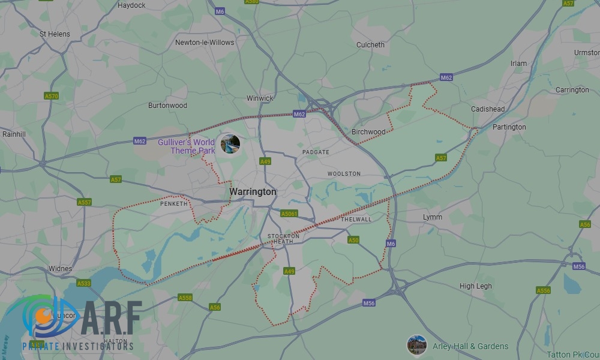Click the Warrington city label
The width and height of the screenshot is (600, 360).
point(253,192)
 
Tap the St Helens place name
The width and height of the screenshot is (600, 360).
point(55,34)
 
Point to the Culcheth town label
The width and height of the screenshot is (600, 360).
point(370,45)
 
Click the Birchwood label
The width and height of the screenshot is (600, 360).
point(368,132)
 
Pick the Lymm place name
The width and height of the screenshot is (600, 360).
point(432,217)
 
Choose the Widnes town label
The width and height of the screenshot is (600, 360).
point(60,269)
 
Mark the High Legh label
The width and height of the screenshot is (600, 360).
point(475,286)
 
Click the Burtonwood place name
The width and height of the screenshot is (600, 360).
point(167,106)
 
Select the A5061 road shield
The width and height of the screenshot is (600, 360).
point(289,214)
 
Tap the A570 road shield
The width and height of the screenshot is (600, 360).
point(52,96)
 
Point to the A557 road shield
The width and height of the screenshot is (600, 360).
point(85,202)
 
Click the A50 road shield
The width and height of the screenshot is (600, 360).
point(353,240)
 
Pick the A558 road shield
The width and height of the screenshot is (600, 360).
point(185,298)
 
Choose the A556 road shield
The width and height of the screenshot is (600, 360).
point(543,290)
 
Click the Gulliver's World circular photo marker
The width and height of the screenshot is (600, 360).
point(230,144)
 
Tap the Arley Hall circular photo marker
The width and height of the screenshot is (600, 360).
point(416,345)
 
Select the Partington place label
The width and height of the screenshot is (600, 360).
point(509,127)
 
